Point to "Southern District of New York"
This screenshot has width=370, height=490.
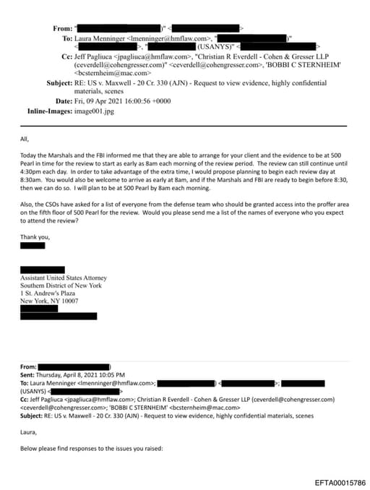pos(61,285)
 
